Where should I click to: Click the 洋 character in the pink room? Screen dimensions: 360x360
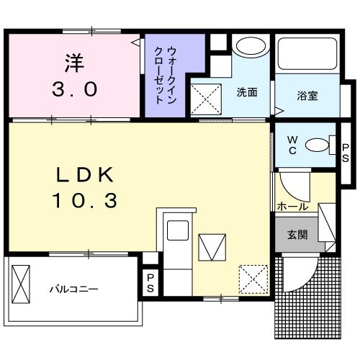(x=73, y=63)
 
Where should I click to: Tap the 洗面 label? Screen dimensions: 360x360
(x=246, y=93)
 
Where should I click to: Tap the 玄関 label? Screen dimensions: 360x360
(x=297, y=235)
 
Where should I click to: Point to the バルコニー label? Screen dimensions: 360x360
(x=73, y=289)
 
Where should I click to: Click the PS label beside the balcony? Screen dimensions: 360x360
(x=150, y=283)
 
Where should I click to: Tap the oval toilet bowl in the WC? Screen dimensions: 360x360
(x=316, y=145)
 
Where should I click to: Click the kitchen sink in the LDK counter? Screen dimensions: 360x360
(x=178, y=232)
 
